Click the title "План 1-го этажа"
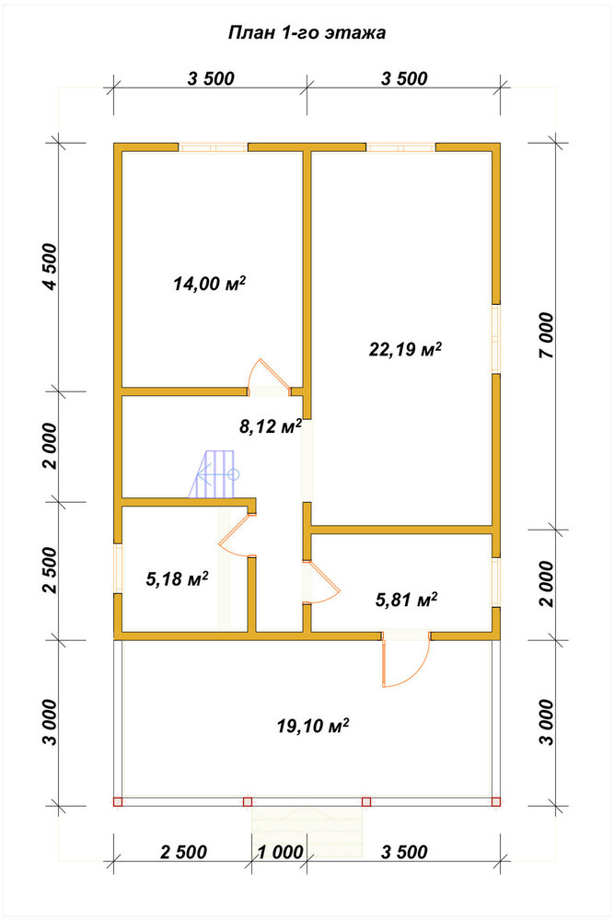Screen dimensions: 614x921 (x=307, y=33)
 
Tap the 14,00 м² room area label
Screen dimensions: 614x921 (x=209, y=284)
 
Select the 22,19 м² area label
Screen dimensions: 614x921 (x=405, y=349)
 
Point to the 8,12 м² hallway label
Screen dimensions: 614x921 (x=270, y=426)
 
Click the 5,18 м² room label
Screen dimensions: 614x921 (x=177, y=579)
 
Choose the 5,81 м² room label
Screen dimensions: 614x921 (x=406, y=600)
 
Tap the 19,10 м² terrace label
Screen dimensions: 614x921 (x=313, y=726)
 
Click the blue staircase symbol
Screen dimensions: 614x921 (x=214, y=474)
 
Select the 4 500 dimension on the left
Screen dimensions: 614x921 (x=52, y=266)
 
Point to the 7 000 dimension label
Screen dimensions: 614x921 (x=546, y=335)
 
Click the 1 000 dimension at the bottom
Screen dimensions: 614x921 (x=281, y=852)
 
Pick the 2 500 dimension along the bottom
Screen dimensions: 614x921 (x=184, y=852)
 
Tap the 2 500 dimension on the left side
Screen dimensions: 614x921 (x=52, y=570)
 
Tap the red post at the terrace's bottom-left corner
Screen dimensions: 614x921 (x=118, y=801)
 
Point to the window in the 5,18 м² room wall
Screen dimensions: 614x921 (x=118, y=568)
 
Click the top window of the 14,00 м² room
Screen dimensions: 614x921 (x=213, y=146)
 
